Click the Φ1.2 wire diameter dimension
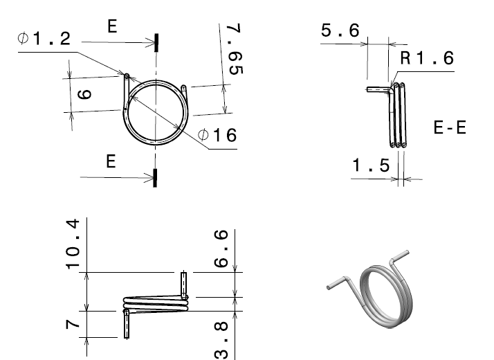pos(45,39)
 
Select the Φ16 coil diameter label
pos(217,135)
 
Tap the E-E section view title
pos(449,129)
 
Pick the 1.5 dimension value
pos(371,165)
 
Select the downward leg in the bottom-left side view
pos(127,323)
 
